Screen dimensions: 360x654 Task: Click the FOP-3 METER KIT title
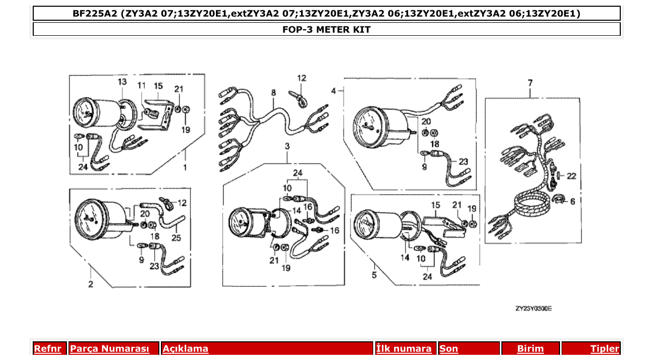pyautogui.click(x=326, y=30)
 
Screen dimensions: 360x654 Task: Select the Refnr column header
pyautogui.click(x=47, y=349)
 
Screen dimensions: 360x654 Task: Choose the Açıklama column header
pyautogui.click(x=185, y=349)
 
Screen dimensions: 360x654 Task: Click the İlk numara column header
pyautogui.click(x=403, y=349)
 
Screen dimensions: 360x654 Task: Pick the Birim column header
pyautogui.click(x=530, y=349)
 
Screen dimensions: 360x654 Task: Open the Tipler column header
pyautogui.click(x=604, y=349)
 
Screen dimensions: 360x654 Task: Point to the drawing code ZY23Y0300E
pyautogui.click(x=533, y=308)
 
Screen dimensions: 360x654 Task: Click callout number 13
pyautogui.click(x=122, y=82)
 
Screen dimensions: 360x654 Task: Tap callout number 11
pyautogui.click(x=142, y=85)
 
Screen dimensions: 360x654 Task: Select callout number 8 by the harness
pyautogui.click(x=273, y=93)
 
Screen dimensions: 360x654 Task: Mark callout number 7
pyautogui.click(x=530, y=82)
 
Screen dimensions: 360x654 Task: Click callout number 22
pyautogui.click(x=571, y=176)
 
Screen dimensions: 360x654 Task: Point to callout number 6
pyautogui.click(x=573, y=201)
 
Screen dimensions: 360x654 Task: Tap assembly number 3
pyautogui.click(x=287, y=147)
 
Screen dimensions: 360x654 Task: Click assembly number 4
pyautogui.click(x=334, y=91)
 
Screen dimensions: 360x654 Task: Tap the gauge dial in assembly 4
pyautogui.click(x=370, y=124)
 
